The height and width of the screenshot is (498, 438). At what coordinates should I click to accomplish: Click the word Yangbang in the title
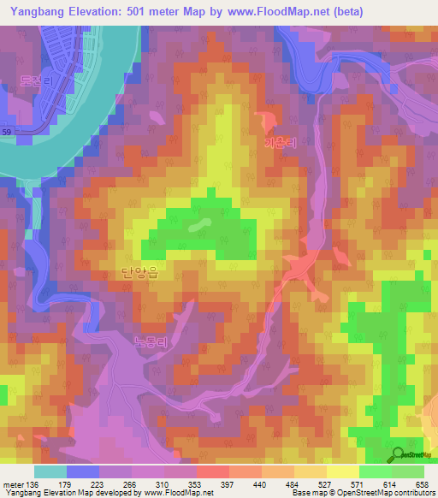click(39, 12)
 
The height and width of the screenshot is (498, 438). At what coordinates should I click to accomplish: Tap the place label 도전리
click(37, 82)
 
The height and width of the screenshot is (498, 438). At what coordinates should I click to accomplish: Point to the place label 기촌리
click(280, 144)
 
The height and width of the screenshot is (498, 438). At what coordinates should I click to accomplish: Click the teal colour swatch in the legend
click(50, 471)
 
